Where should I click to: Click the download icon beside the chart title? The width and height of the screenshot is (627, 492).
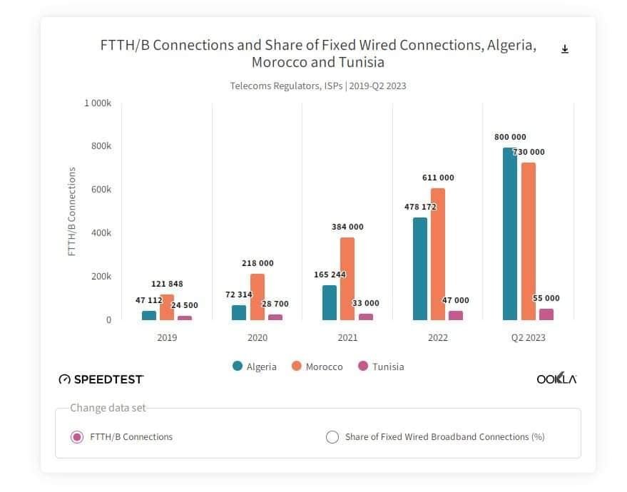(x=565, y=49)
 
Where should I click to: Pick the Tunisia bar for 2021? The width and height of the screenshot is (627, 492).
(x=365, y=317)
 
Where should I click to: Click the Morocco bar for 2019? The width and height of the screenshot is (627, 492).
(x=167, y=307)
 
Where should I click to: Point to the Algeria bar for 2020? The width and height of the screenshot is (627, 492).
(x=239, y=312)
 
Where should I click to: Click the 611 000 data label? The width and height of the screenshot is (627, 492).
(x=438, y=178)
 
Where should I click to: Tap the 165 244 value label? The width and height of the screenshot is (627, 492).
(x=330, y=275)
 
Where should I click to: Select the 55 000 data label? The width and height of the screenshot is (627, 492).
(x=546, y=298)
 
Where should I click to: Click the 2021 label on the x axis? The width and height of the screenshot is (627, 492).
(x=347, y=337)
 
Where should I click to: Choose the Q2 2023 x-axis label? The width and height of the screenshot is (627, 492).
(x=528, y=337)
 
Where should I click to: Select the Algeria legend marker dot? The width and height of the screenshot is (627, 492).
(x=238, y=366)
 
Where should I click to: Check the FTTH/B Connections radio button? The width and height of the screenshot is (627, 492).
(x=77, y=437)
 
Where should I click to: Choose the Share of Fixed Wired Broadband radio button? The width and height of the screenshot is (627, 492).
(x=332, y=437)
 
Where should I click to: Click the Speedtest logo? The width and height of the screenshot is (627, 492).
(x=101, y=379)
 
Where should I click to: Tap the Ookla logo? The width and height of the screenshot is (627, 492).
(x=556, y=379)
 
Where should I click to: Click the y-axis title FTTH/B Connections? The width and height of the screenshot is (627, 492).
(x=72, y=211)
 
